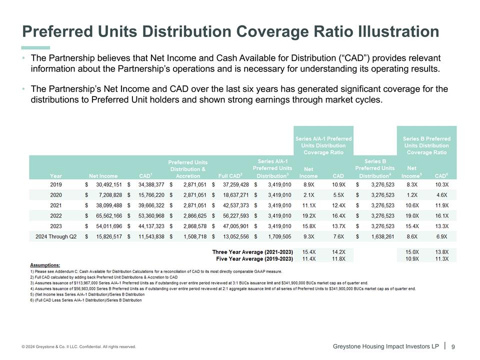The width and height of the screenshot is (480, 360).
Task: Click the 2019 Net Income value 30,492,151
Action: tap(106, 184)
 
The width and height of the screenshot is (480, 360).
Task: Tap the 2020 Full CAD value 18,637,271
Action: tap(233, 195)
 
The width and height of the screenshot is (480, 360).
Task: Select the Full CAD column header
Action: tap(230, 175)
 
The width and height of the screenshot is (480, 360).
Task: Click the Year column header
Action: tap(56, 175)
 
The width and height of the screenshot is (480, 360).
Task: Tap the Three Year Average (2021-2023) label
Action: tap(252, 251)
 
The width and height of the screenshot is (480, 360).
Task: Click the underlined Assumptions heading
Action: tap(45, 265)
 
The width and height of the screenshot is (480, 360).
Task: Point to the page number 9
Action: tap(453, 346)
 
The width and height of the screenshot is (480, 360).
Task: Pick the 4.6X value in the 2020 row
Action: tap(441, 195)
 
